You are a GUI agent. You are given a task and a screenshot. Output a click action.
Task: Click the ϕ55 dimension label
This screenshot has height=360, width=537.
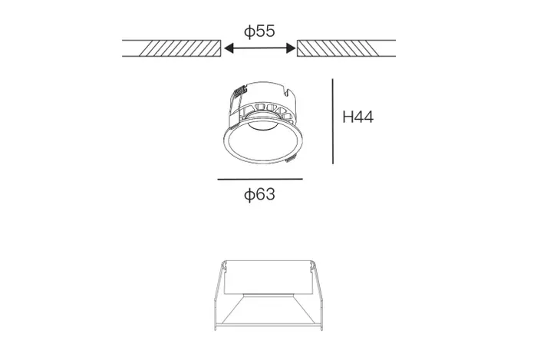pyautogui.click(x=259, y=31)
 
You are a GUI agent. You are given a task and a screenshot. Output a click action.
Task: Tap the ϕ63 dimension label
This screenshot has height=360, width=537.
pyautogui.click(x=259, y=194)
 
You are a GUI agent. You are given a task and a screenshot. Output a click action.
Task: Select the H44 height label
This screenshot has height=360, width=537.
pyautogui.click(x=358, y=117)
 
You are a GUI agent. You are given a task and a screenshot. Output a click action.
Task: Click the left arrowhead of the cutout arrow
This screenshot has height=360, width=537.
pyautogui.click(x=229, y=48)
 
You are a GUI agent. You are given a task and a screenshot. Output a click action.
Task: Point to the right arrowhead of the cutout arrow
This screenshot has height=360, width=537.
pyautogui.click(x=291, y=48)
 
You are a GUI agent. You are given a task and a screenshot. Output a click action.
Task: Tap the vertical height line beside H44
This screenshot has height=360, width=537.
pyautogui.click(x=332, y=121)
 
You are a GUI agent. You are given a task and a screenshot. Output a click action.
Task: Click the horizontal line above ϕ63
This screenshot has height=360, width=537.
pyautogui.click(x=260, y=179)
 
